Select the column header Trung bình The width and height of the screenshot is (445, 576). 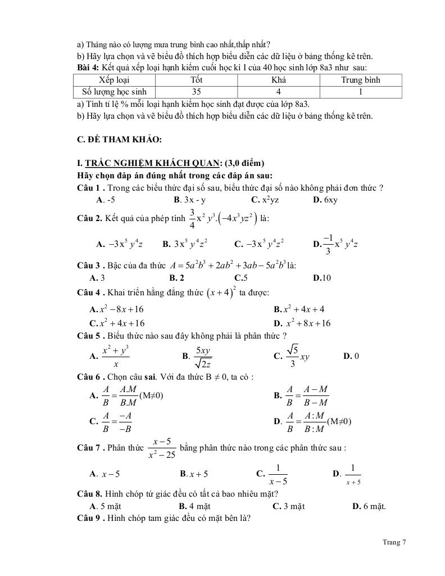pyautogui.click(x=360, y=80)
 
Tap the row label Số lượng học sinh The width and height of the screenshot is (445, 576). pyautogui.click(x=115, y=91)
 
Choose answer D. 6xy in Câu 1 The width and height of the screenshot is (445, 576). pyautogui.click(x=326, y=200)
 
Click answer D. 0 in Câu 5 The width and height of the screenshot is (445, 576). pyautogui.click(x=351, y=356)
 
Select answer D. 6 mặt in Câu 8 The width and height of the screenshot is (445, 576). pyautogui.click(x=369, y=506)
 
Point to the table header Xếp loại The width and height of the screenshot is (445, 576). pyautogui.click(x=115, y=80)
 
